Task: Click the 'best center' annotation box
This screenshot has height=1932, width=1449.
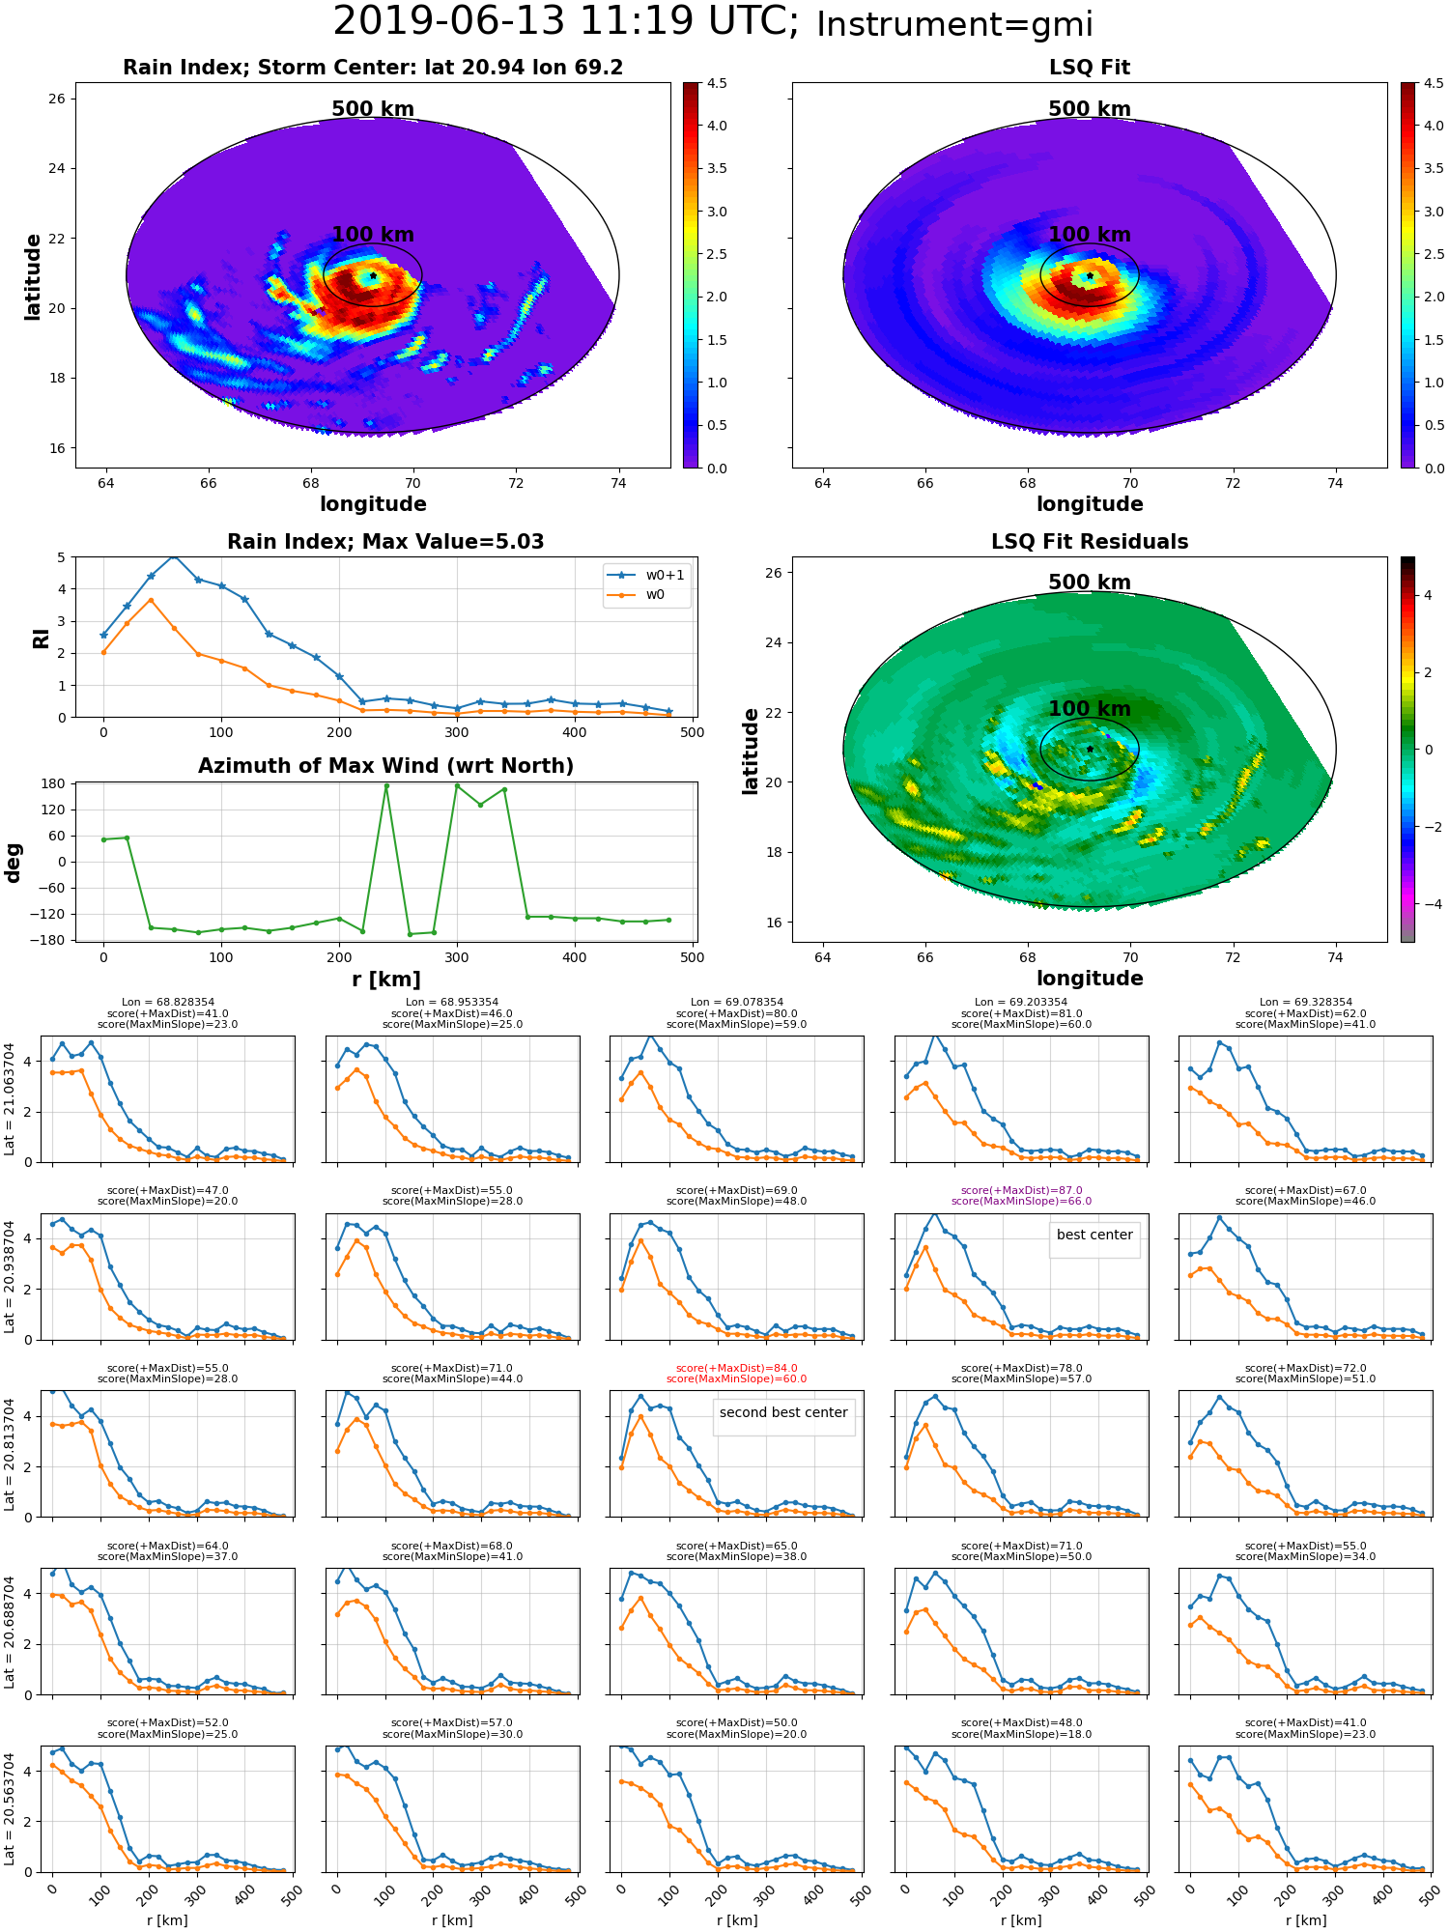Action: (1094, 1235)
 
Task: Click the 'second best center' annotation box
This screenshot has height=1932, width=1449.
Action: (783, 1412)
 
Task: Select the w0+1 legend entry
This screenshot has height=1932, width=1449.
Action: (647, 575)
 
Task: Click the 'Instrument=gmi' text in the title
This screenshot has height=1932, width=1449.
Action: (954, 24)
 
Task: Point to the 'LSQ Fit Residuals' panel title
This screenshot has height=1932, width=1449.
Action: (1090, 542)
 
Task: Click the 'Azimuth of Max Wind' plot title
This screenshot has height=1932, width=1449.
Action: (385, 766)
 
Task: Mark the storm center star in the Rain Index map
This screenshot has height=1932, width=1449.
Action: (373, 275)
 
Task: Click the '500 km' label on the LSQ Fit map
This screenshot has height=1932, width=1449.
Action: (1090, 109)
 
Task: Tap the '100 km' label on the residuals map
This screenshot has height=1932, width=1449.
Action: (1090, 709)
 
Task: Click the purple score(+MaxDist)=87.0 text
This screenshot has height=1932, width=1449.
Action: (1021, 1190)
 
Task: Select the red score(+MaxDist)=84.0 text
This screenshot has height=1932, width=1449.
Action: (736, 1368)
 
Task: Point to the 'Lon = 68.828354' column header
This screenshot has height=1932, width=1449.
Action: (168, 1003)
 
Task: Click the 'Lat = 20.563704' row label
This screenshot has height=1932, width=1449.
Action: (10, 1809)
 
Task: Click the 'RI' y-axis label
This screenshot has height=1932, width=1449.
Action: (41, 639)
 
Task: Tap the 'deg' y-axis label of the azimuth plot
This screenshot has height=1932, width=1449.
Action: (13, 863)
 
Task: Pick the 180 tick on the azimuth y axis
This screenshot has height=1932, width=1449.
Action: (53, 783)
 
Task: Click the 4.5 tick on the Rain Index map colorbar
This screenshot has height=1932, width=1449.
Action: (717, 84)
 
